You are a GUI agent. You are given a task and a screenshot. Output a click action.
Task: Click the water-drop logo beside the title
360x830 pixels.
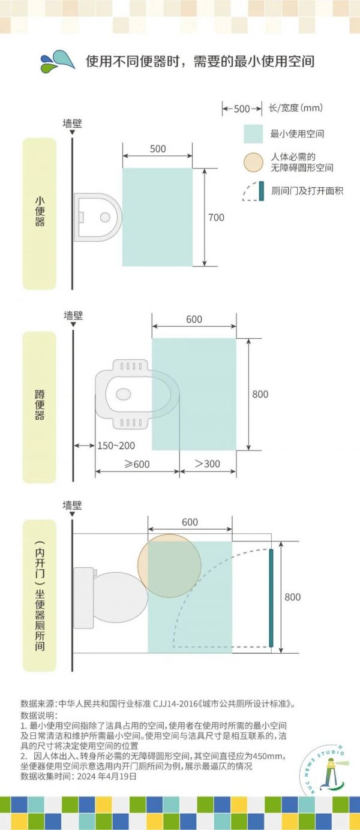point(58,61)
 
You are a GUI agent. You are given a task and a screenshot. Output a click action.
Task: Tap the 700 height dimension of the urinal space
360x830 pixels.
point(216,217)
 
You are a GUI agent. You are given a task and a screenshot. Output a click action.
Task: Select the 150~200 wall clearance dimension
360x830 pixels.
point(116,446)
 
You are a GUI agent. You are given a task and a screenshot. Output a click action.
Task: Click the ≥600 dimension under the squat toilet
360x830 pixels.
point(137,464)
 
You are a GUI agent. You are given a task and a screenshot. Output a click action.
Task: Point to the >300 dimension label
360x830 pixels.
point(208,464)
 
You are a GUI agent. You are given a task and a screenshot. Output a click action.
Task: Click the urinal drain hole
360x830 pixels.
point(105,216)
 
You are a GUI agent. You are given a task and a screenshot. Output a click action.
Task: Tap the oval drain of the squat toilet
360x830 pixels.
point(124,393)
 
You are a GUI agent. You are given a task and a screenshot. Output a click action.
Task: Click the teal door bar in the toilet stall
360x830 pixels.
point(271,598)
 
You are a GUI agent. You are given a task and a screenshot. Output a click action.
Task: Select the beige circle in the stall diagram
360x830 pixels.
point(169,566)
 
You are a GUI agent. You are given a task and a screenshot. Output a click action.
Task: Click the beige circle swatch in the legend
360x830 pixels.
point(253,163)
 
